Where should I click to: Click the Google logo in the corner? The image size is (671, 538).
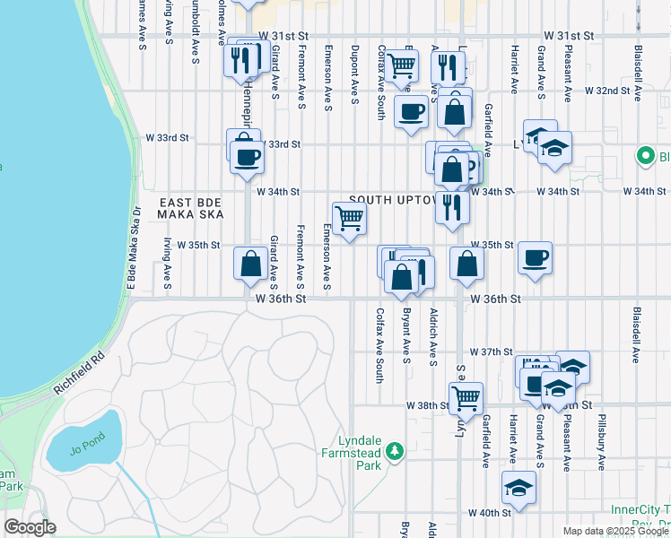[x=30, y=527]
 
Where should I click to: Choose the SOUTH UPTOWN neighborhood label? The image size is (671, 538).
[x=395, y=199]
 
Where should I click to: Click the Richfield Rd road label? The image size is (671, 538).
[x=80, y=374]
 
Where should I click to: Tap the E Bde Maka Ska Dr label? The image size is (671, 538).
[x=134, y=248]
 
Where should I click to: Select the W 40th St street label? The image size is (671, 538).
[x=488, y=513]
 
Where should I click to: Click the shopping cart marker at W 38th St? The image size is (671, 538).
[x=466, y=398]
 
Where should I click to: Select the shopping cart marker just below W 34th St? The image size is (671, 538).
[x=349, y=218]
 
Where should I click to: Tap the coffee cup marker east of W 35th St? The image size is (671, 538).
[x=535, y=259]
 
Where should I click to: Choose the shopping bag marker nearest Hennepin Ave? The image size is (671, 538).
[x=250, y=265]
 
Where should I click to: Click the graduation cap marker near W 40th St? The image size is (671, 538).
[x=518, y=488]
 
